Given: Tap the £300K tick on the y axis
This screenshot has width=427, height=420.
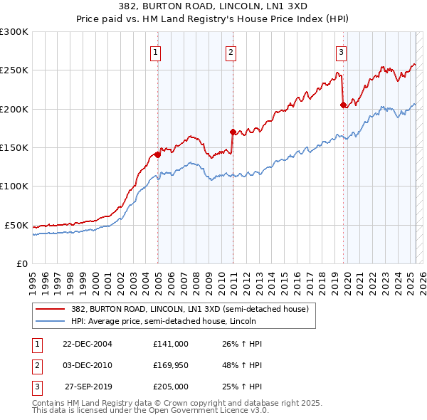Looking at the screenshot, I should (14, 32).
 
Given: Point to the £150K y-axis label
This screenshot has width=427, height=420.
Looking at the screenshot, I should (14, 148).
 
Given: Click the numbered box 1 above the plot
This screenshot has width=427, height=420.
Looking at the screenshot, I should (155, 51).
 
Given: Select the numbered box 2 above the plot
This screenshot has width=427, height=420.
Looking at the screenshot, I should (231, 51).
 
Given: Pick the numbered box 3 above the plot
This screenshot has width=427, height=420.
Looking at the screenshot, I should (342, 51).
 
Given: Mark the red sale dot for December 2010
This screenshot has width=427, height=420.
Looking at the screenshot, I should (233, 132).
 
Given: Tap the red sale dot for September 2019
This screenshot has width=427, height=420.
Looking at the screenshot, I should (344, 105).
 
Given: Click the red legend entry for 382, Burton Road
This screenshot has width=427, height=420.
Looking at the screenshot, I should (189, 309).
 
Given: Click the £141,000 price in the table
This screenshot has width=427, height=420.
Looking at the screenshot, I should (171, 343).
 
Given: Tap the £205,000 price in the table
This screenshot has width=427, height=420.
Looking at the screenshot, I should (171, 387).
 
